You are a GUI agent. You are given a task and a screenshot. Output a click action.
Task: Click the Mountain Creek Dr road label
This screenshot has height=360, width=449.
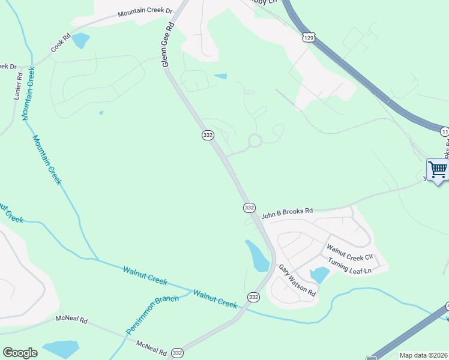click(145, 12)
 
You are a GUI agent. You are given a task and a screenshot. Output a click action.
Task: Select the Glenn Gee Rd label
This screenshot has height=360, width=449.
click(169, 45)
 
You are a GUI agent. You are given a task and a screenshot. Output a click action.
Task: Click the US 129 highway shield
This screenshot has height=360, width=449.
click(308, 37)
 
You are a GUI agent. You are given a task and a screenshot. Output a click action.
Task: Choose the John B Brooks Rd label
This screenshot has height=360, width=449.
click(287, 211)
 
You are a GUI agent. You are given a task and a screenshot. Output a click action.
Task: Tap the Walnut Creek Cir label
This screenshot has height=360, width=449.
click(349, 252)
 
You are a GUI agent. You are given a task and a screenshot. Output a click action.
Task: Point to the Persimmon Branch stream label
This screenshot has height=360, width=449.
click(152, 315)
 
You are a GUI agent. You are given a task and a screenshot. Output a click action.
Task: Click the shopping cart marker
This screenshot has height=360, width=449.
click(438, 169)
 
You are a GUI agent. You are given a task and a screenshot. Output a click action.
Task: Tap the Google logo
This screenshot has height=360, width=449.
click(20, 353)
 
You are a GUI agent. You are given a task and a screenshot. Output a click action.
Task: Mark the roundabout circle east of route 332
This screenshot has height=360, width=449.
click(255, 141)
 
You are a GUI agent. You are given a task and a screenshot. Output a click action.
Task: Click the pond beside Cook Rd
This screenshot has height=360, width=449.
click(80, 41)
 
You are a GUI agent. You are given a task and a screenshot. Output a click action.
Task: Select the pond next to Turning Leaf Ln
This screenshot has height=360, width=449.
click(319, 275)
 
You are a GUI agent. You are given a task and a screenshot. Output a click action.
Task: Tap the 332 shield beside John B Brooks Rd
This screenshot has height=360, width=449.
click(249, 207)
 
